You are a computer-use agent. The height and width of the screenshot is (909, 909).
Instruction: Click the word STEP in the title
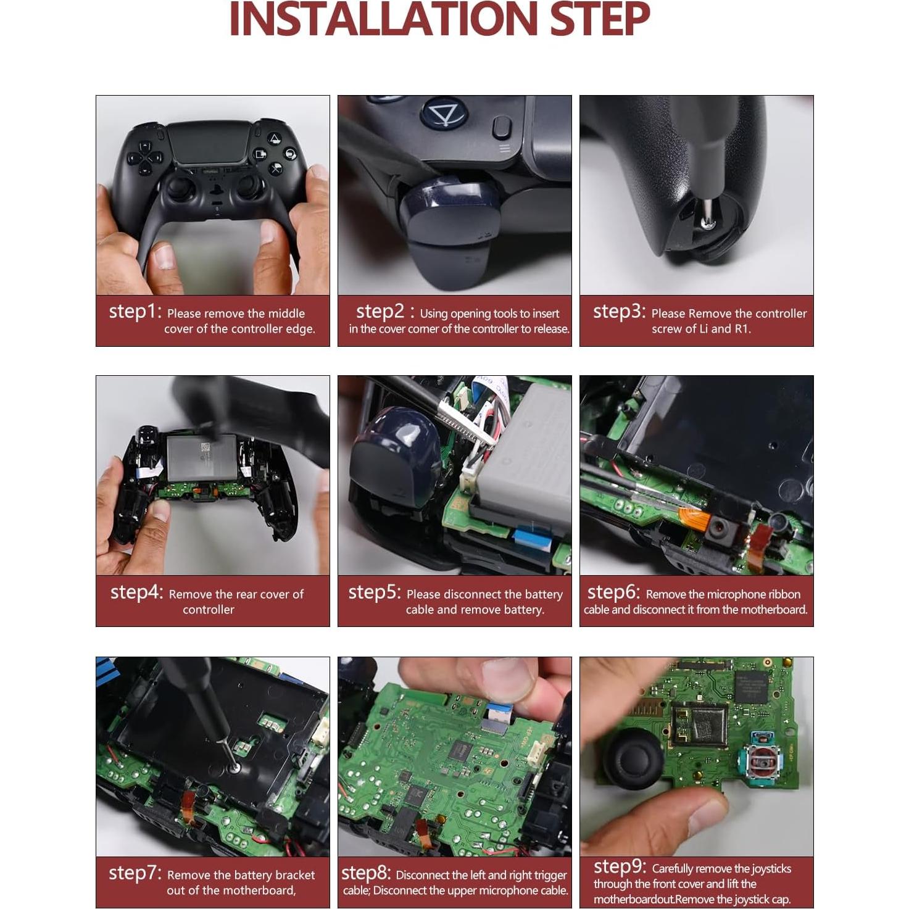[599, 20]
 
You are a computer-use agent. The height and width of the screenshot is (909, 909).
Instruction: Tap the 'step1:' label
[135, 312]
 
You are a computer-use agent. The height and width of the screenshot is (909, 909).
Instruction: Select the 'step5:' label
[375, 592]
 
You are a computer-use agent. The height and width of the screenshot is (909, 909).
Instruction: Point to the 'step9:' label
[619, 866]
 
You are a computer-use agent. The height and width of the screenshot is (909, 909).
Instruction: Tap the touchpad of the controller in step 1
[209, 141]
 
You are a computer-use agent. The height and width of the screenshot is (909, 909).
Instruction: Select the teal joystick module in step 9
[765, 766]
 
